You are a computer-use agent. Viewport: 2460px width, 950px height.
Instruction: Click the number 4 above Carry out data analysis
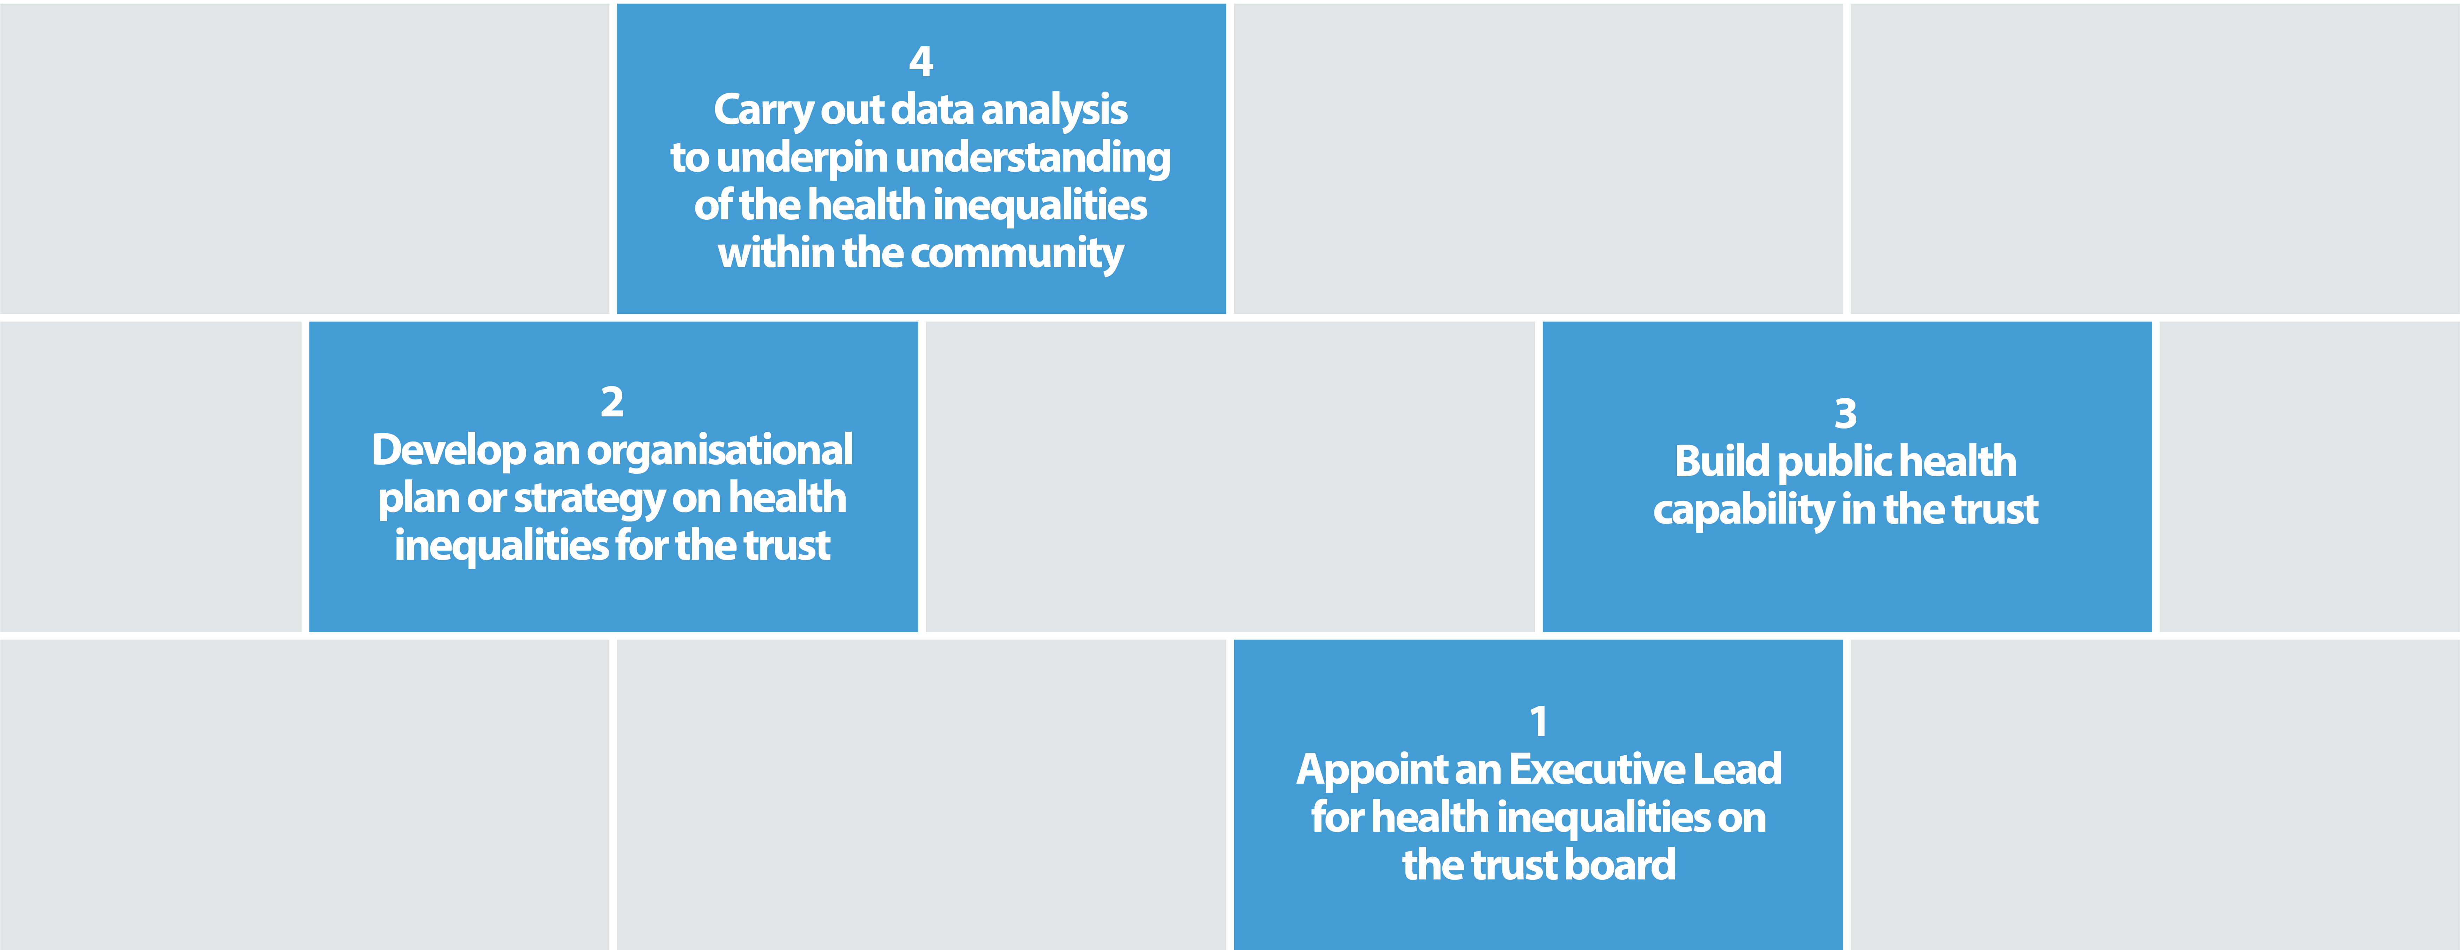tap(920, 61)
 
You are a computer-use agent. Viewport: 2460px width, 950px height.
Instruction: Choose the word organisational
tap(719, 450)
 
